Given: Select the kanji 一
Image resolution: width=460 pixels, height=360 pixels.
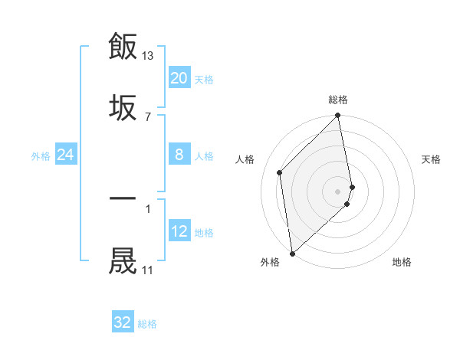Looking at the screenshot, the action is (123, 198).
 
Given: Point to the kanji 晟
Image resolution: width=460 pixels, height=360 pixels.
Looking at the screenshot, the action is (123, 260).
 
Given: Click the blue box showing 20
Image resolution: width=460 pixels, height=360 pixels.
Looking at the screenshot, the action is (179, 78).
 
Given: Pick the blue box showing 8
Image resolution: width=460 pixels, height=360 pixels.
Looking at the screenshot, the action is (179, 155).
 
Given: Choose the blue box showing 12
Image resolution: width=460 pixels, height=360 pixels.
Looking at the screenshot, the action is (179, 232).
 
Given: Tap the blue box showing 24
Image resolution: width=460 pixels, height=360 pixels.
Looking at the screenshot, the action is (66, 155).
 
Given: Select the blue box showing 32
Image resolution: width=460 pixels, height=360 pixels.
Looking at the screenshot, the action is (123, 322).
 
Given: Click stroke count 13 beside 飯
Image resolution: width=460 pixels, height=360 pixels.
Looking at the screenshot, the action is (148, 56).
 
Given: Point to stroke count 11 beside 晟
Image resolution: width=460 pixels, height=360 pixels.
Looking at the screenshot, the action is (147, 270).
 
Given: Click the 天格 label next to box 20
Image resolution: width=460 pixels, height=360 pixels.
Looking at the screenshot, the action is (204, 79).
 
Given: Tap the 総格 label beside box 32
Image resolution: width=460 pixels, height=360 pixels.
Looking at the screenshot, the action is (147, 323).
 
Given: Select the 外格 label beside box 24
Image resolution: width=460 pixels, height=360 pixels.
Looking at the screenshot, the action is (41, 156).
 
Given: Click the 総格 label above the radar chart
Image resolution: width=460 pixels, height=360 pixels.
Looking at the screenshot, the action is (338, 100).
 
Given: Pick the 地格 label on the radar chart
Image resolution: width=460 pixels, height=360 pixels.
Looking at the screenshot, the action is (402, 262).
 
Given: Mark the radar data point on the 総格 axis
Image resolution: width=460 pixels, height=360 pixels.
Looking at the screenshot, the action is (338, 116).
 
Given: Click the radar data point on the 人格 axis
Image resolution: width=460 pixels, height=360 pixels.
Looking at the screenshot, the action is (280, 172).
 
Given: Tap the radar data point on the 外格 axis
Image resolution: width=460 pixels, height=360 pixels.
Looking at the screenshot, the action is (292, 253).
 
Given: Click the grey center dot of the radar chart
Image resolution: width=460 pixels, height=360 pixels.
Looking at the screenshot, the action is (338, 190).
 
